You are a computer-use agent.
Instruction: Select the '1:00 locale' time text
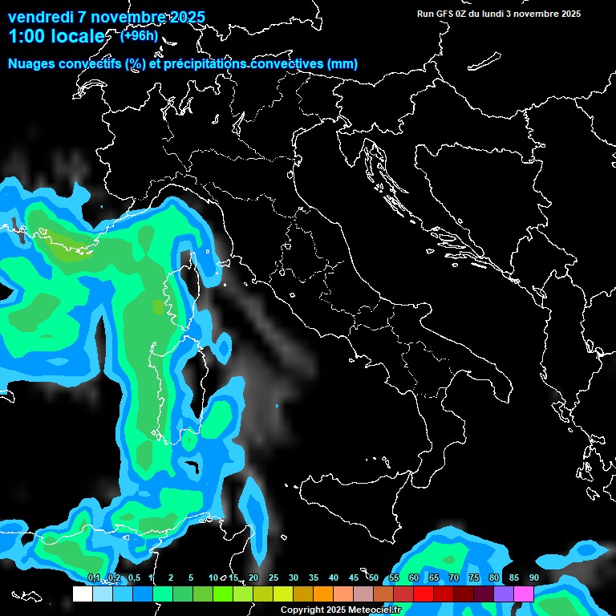pos(55,37)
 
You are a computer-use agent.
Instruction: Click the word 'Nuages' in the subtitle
pos(31,64)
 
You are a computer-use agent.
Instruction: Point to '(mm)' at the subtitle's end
pos(342,64)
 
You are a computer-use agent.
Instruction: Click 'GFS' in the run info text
pos(445,14)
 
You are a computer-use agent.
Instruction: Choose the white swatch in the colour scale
pos(83,594)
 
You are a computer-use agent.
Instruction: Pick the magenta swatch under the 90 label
pos(524,594)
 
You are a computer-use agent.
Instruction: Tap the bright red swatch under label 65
pos(423,594)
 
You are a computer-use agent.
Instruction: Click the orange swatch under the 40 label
pos(323,594)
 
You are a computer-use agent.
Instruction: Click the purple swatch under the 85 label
pos(504,594)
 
